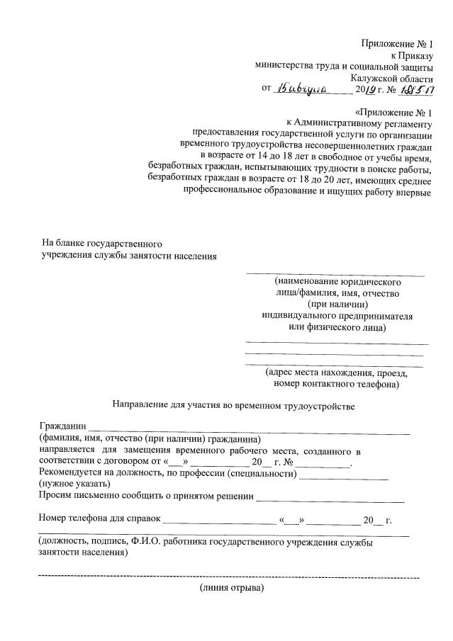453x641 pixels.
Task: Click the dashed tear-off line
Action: point(227,577)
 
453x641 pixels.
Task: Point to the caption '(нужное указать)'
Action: point(74,484)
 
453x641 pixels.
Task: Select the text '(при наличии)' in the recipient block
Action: point(336,304)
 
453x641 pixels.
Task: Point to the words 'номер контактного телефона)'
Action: point(335,385)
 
